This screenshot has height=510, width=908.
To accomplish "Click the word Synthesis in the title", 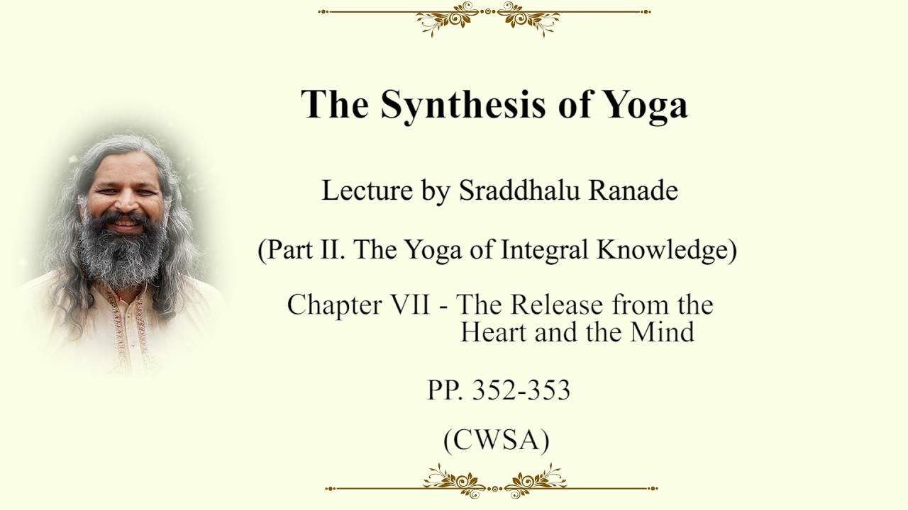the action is coord(463,104).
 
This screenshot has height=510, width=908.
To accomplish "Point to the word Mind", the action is coord(662,332).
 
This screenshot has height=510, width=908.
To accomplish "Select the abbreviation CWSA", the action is coord(497,440).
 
